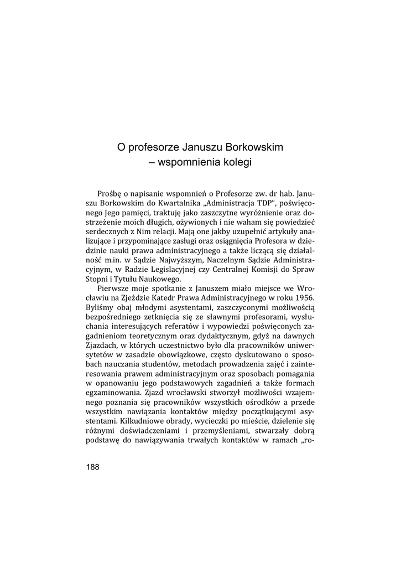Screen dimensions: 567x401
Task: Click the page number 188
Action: [x=93, y=467]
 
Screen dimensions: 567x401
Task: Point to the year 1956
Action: [x=304, y=298]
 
